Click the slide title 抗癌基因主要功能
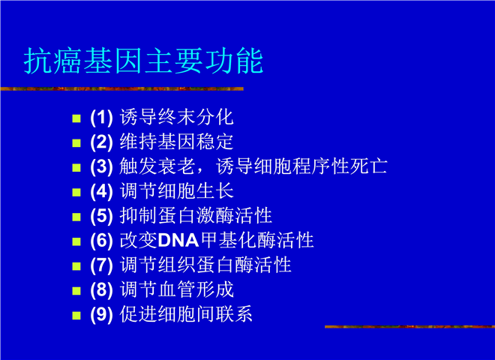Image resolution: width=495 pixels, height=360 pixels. pos(143,61)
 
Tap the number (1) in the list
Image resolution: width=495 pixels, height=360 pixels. pos(101,118)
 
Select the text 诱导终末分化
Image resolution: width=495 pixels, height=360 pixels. pos(176,117)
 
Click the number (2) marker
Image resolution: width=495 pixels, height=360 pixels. pos(101,142)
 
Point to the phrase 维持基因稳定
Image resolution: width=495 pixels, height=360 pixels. pos(176,142)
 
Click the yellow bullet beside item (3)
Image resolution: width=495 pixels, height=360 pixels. pos(76,168)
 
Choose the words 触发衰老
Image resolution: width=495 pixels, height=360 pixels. pos(157,166)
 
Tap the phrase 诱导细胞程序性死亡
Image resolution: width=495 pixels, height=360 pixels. pos(301,166)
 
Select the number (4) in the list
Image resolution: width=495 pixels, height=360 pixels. pos(101,191)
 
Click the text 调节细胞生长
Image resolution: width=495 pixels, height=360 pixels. pos(176,190)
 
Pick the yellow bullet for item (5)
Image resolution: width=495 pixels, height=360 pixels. pos(76,217)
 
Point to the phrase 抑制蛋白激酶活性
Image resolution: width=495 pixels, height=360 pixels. pos(196,215)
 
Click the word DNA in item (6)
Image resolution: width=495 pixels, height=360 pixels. pos(178,241)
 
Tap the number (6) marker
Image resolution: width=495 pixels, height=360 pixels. pos(101,241)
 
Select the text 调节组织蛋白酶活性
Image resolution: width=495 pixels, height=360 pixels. pos(205,265)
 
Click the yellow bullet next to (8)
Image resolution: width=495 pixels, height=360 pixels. pos(76,291)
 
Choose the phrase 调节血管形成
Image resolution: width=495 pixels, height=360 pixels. pos(176,289)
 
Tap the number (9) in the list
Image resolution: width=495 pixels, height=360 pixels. pos(101,314)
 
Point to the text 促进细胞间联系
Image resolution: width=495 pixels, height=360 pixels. pos(186,314)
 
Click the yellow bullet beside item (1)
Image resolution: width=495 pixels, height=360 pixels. pos(76,118)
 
